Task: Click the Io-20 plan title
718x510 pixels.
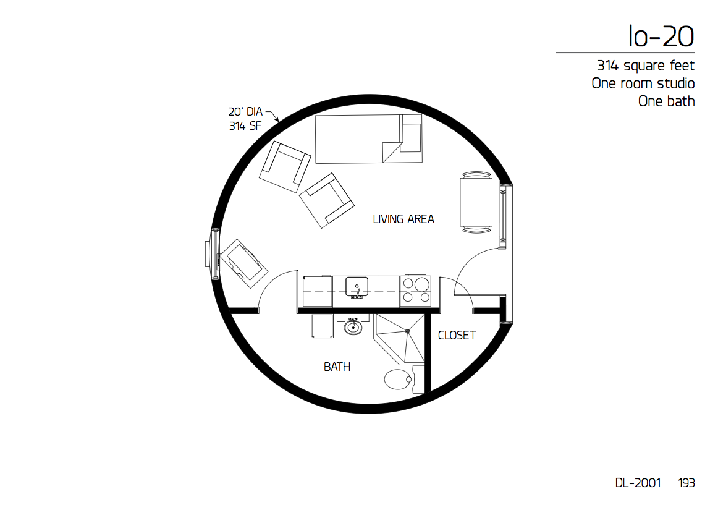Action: tap(662, 36)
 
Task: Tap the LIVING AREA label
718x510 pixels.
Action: tap(403, 219)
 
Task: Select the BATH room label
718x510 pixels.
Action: tap(337, 367)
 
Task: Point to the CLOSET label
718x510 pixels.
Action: tap(457, 336)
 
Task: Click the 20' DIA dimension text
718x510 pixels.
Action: tap(245, 112)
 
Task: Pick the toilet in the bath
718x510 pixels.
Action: tap(399, 380)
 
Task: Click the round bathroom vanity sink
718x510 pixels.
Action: tap(353, 328)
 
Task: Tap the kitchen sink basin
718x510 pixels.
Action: tap(357, 287)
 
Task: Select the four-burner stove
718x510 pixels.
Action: tap(415, 291)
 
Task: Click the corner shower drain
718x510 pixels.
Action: tap(408, 331)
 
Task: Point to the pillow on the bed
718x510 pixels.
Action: tap(411, 137)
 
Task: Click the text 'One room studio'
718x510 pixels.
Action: tap(643, 83)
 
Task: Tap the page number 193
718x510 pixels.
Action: tap(686, 483)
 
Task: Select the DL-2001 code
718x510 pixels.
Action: tap(638, 483)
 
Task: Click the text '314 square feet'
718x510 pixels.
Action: tap(646, 66)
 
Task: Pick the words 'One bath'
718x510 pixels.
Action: tap(666, 101)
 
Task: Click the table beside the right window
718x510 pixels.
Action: tap(476, 203)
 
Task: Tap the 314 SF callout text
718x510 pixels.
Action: tap(245, 126)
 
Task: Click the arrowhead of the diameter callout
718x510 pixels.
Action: tap(277, 119)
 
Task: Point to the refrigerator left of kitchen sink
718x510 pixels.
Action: tap(318, 291)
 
